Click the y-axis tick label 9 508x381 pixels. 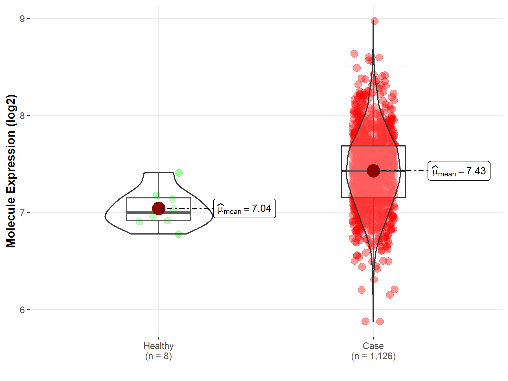coord(22,19)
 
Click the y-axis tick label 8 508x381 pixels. coord(22,116)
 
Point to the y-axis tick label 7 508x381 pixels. coord(22,213)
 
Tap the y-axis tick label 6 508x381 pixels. coord(22,310)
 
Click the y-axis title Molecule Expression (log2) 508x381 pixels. coord(11,171)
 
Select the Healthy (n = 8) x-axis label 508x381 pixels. coord(158,351)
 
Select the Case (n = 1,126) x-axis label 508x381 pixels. coord(373,351)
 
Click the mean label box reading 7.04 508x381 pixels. coord(244,209)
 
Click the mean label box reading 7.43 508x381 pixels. coord(459,171)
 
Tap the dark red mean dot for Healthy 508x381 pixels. coord(158,208)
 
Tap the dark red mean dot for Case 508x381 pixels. coord(373,171)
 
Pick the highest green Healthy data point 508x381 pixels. coord(179,173)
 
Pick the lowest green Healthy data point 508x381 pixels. coord(178,234)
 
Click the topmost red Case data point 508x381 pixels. coord(375,21)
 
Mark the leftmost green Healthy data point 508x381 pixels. coord(139,222)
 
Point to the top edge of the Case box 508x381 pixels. coord(356,146)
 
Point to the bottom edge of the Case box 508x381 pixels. coord(356,197)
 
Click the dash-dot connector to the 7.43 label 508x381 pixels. coord(415,171)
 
